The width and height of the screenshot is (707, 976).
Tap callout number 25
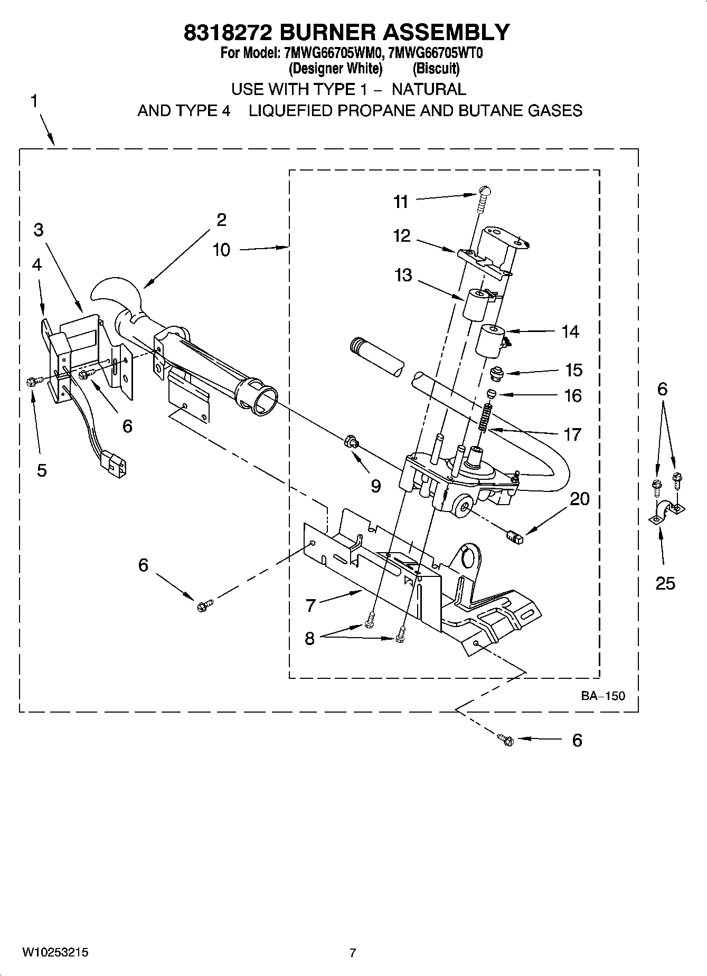pos(665,583)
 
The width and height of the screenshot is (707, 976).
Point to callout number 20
pos(580,498)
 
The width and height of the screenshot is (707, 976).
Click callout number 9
pos(375,486)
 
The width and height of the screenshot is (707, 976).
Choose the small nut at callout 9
pos(350,440)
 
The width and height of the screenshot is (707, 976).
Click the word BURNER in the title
pos(326,32)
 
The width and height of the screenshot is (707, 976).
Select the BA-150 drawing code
pos(603,696)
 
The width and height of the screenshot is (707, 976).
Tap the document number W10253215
pos(55,952)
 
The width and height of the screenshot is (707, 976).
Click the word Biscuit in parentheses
pos(436,69)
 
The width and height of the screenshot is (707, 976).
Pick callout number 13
pos(403,275)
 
